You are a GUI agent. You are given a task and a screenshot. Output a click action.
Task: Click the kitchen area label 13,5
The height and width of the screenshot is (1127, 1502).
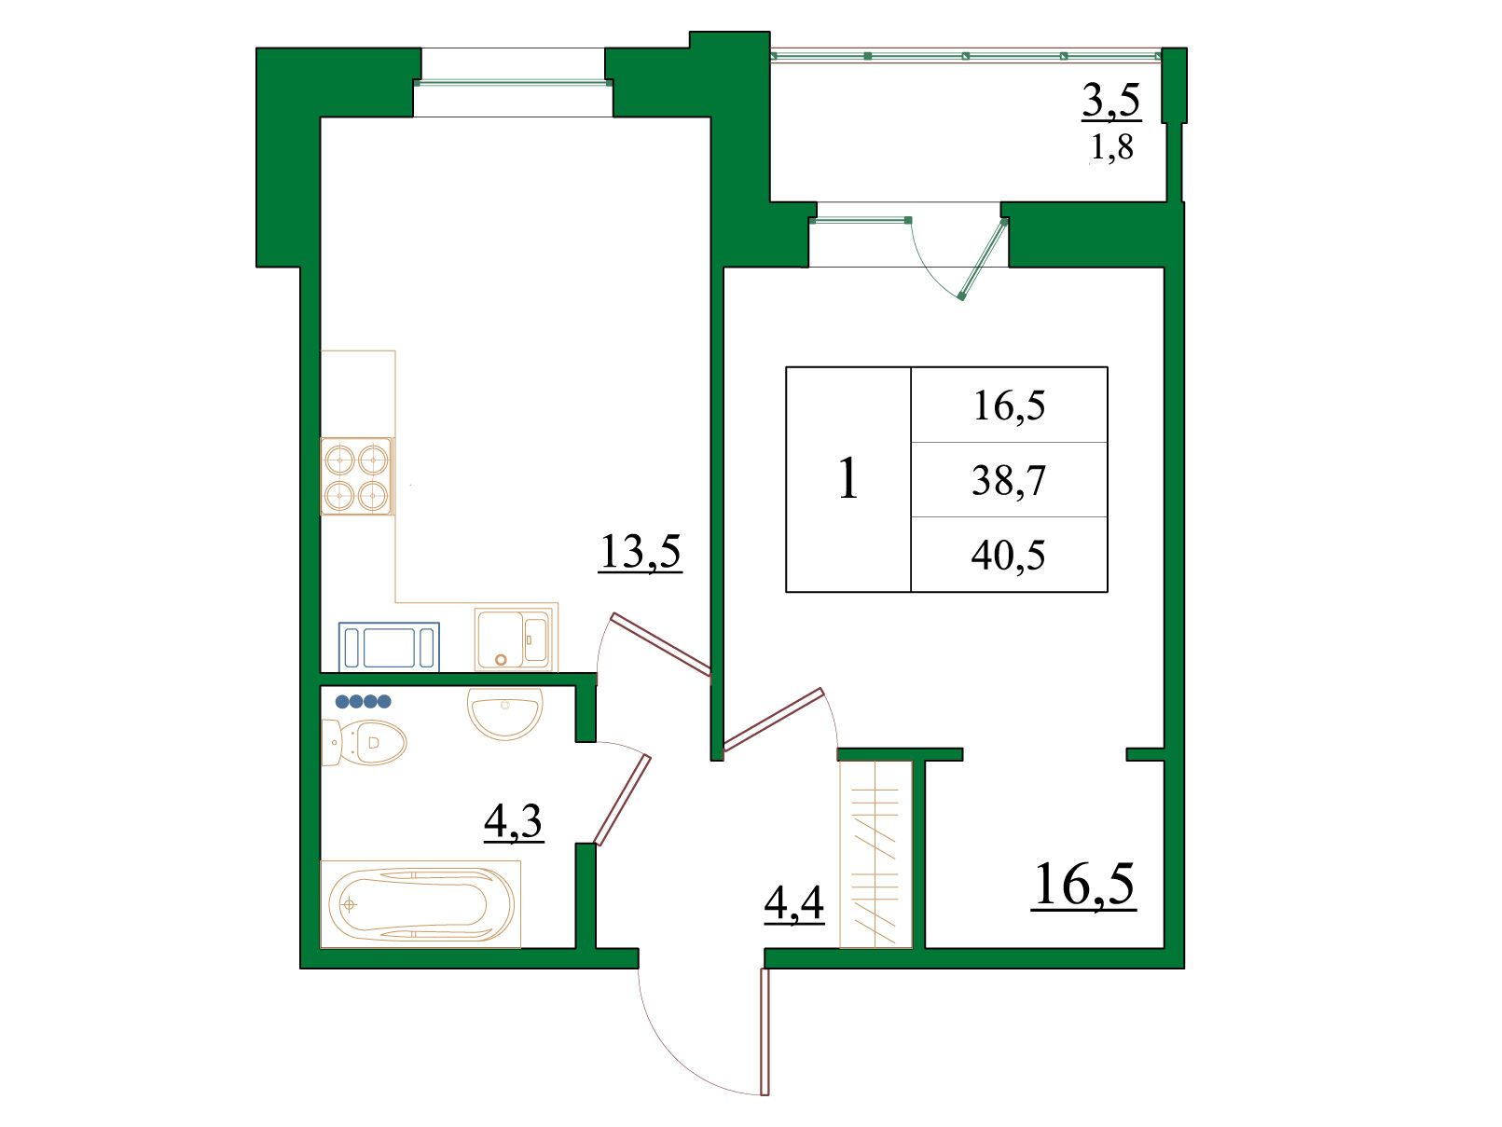[x=640, y=551]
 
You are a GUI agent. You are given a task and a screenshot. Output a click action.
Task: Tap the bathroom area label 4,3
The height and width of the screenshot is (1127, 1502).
[x=513, y=820]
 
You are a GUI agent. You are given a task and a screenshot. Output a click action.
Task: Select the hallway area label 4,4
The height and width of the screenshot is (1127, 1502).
[x=793, y=903]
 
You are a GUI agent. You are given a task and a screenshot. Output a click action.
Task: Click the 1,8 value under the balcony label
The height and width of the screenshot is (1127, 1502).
[x=1112, y=146]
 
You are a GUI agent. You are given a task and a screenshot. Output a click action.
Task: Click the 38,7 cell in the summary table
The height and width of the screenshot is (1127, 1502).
[x=1009, y=480]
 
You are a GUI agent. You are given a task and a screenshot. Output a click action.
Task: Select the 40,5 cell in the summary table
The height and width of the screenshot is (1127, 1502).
[x=1009, y=555]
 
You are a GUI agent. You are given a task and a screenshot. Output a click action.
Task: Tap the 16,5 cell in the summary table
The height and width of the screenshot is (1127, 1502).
[x=1010, y=405]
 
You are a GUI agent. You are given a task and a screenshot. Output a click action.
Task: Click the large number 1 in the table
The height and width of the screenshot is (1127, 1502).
[x=848, y=479]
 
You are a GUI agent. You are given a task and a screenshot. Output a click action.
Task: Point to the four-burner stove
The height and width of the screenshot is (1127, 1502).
[x=356, y=476]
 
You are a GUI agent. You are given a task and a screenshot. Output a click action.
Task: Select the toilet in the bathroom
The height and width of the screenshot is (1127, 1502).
[x=364, y=742]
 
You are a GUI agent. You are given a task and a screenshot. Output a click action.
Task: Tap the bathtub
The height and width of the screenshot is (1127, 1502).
[x=420, y=904]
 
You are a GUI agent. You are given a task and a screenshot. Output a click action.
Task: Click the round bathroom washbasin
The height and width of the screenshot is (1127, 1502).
[x=505, y=713]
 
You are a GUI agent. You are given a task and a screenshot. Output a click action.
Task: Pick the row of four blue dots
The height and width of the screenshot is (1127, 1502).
[x=363, y=701]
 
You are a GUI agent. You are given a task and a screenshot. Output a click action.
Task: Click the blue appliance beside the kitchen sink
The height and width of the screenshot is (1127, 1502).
[x=389, y=646]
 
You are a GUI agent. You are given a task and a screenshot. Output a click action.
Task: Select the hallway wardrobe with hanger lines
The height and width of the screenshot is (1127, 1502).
[x=875, y=855]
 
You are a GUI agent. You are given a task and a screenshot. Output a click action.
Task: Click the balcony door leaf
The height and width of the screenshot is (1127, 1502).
[x=984, y=259]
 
